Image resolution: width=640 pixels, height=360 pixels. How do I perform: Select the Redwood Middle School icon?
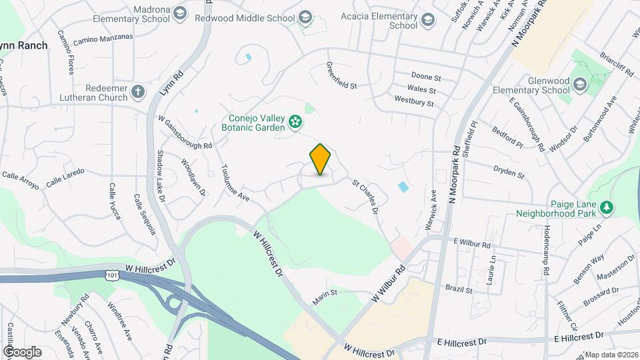click(x=305, y=17)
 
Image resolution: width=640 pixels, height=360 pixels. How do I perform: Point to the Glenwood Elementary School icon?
click(x=580, y=84)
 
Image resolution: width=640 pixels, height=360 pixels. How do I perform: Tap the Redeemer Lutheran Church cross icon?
click(x=138, y=91)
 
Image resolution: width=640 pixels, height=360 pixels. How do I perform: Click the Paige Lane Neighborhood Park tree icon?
click(x=607, y=209)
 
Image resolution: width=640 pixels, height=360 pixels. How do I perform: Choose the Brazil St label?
click(x=459, y=290)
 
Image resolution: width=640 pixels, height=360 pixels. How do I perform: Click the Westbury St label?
click(x=414, y=103)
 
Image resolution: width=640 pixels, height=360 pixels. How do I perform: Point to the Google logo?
click(x=22, y=351)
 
